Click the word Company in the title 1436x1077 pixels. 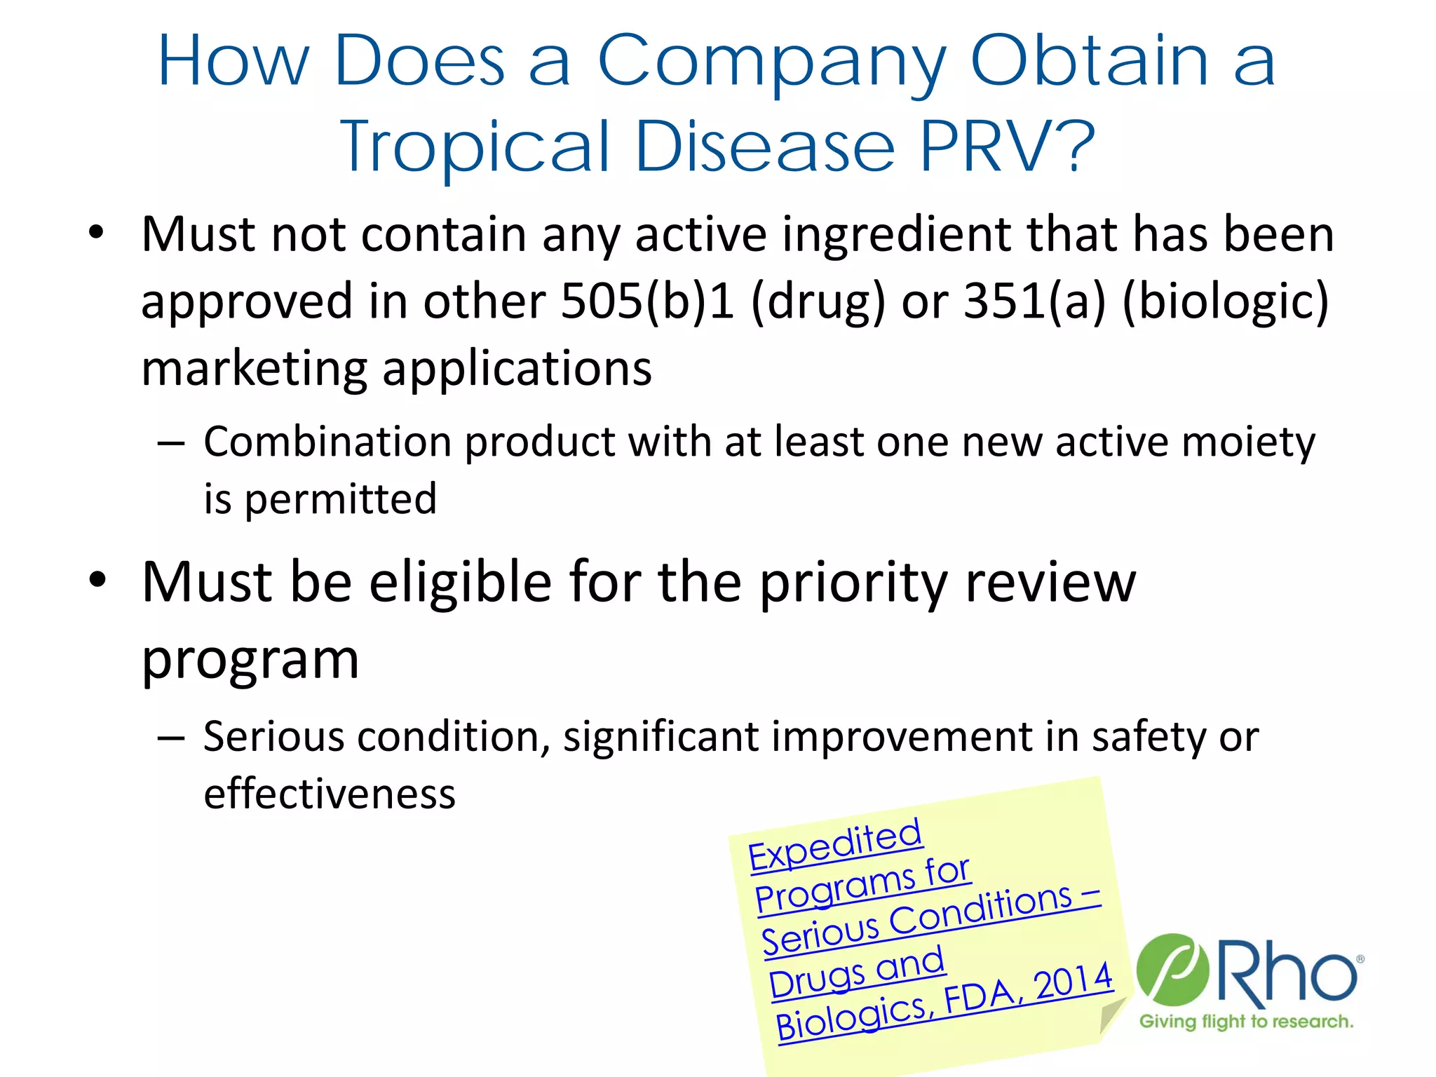pos(772,63)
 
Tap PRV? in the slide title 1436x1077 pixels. pos(1007,147)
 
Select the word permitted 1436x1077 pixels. pos(341,500)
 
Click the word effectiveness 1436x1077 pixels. pos(330,794)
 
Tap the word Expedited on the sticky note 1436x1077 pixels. pos(834,844)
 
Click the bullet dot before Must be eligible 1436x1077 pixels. pos(97,580)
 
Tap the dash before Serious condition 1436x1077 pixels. pos(171,738)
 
